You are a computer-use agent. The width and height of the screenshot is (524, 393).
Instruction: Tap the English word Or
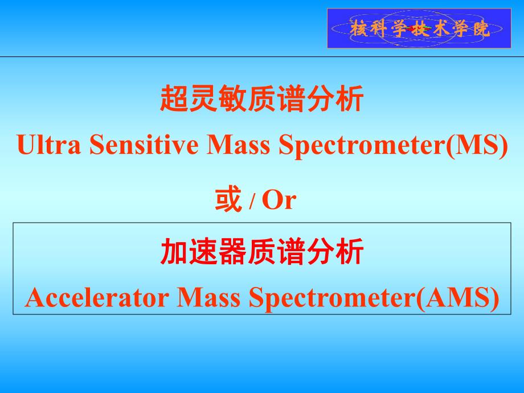280,201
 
